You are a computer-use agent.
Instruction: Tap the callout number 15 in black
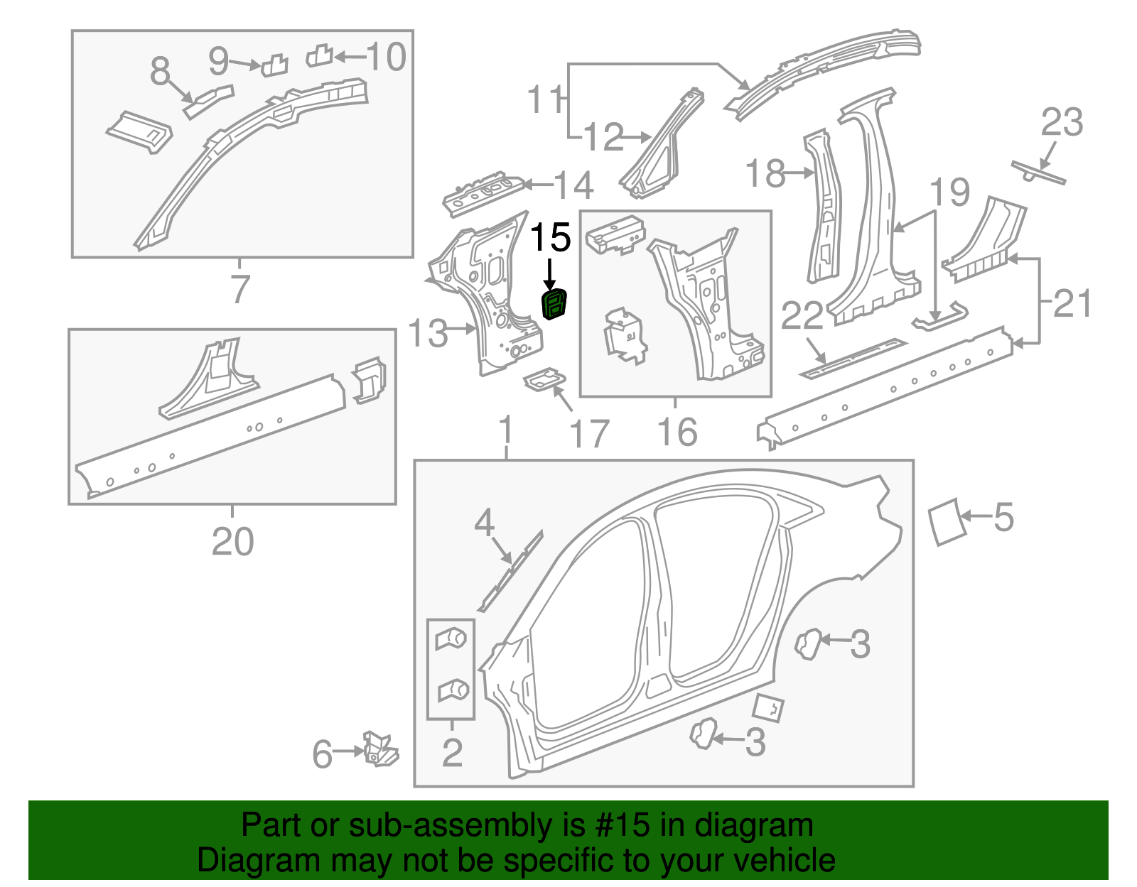551,237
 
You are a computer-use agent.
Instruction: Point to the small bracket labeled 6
379,749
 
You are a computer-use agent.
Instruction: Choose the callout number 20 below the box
232,543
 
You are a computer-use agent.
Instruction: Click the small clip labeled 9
274,66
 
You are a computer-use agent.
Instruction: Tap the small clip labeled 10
320,55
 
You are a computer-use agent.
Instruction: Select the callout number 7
240,290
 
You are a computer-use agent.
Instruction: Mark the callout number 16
677,432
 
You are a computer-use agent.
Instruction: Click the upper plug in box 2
451,639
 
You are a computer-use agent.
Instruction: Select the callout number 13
428,333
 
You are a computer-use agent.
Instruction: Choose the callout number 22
802,317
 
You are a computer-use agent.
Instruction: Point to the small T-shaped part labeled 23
1037,172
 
